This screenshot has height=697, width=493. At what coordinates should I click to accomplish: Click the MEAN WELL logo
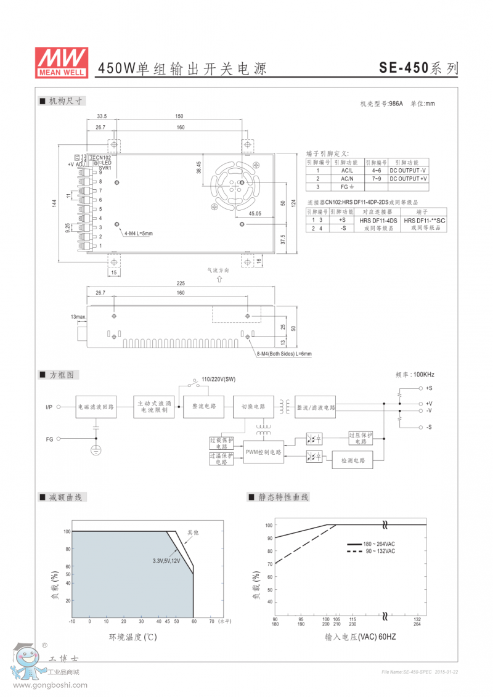click(x=62, y=62)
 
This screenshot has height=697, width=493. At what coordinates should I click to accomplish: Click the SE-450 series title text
click(x=418, y=68)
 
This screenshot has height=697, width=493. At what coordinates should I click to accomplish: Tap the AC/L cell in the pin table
click(x=346, y=170)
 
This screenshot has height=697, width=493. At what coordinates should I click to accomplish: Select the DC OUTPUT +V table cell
click(x=408, y=179)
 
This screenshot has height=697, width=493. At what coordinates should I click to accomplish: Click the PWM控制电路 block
click(x=263, y=452)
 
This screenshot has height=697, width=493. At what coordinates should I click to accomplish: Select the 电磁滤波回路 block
click(x=96, y=407)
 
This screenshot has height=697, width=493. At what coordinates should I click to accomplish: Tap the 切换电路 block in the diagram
click(x=252, y=407)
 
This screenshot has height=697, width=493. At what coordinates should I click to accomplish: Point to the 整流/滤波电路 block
click(x=316, y=407)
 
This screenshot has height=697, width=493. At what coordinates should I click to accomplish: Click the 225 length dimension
click(x=180, y=283)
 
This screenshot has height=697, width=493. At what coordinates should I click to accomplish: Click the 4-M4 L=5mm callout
click(x=137, y=234)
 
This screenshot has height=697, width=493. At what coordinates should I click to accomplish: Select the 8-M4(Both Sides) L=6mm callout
click(x=283, y=354)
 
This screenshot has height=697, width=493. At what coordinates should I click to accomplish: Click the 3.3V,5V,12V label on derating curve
click(x=166, y=561)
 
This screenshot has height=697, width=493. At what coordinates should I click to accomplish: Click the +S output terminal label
click(x=429, y=388)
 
